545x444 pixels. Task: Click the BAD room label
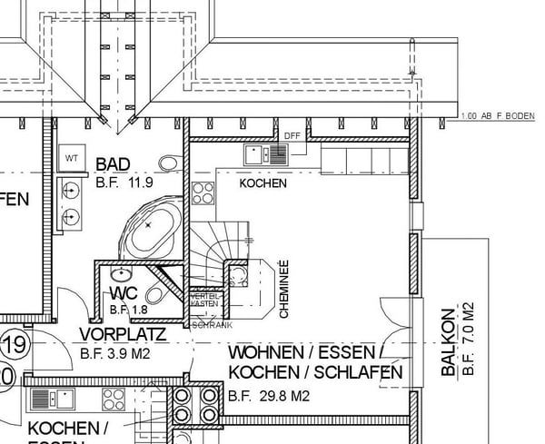point(114,164)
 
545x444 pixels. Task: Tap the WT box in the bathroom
point(72,158)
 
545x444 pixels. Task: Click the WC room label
point(123,293)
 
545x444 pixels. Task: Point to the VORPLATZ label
point(123,334)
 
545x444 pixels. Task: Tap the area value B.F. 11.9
point(124,183)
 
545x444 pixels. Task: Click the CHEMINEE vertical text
point(283,289)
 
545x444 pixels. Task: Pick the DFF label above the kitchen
point(292,136)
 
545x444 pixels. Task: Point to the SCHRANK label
point(213,324)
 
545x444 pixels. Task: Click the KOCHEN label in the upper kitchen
point(263,183)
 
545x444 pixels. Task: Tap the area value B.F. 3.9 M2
point(114,353)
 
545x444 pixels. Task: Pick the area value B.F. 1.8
point(127,310)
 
